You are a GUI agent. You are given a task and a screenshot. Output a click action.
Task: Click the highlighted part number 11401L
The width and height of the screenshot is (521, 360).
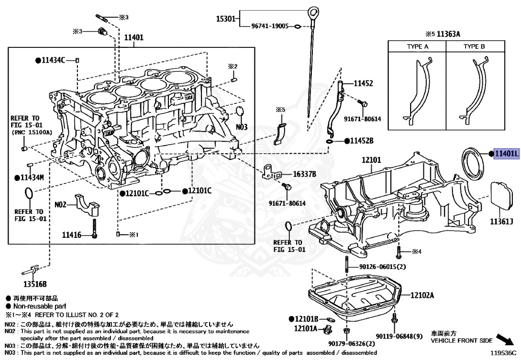(x=506, y=154)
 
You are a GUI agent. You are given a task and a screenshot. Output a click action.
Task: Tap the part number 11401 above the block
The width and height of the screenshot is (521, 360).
(x=134, y=37)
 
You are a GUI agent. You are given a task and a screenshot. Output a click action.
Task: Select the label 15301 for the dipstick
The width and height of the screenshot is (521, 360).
(x=225, y=19)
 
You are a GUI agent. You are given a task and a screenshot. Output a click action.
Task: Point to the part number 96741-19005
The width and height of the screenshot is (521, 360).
(x=270, y=25)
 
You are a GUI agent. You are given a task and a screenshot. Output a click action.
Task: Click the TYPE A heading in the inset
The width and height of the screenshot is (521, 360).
(x=417, y=46)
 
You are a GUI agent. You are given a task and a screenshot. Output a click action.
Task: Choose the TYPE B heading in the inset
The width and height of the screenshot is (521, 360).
(x=474, y=46)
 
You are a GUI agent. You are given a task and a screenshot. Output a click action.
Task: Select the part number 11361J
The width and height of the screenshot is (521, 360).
(x=502, y=221)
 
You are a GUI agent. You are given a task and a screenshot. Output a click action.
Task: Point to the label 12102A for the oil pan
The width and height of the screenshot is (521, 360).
(x=422, y=295)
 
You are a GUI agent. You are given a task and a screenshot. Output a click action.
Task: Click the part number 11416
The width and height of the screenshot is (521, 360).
(x=72, y=235)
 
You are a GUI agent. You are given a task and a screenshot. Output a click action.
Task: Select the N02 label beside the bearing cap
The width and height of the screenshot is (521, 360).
(x=61, y=205)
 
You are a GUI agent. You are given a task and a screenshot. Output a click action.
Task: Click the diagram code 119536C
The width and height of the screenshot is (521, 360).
(x=503, y=352)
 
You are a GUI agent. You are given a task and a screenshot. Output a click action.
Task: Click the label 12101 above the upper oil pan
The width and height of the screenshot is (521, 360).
(x=371, y=159)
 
